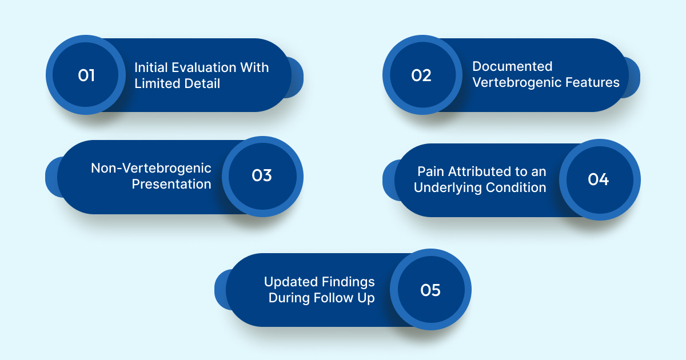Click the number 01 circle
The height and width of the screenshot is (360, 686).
(x=86, y=75)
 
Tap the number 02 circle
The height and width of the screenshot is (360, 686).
(x=421, y=75)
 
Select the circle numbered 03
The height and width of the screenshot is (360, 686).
(x=262, y=176)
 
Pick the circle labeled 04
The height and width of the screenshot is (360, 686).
(x=599, y=179)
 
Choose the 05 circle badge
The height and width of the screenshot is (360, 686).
(x=430, y=290)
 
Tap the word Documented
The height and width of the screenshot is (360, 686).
(x=512, y=66)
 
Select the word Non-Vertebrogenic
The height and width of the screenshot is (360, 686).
(x=151, y=168)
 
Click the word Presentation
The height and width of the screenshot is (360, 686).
(x=171, y=184)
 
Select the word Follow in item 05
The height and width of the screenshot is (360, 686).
(x=338, y=298)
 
